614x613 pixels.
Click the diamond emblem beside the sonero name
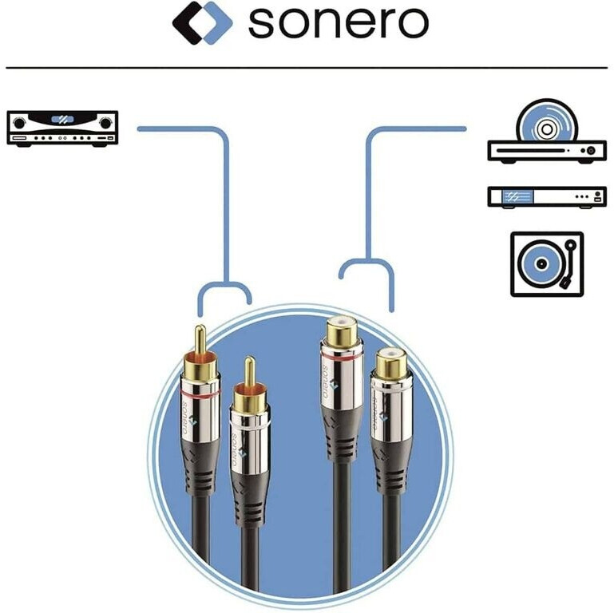pyautogui.click(x=202, y=22)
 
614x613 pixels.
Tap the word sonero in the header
pyautogui.click(x=338, y=23)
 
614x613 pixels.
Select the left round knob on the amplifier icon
pyautogui.click(x=20, y=124)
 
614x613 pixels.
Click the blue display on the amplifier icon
pyautogui.click(x=61, y=120)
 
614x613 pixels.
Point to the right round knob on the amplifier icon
pyautogui.click(x=104, y=124)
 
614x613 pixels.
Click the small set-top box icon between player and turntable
pyautogui.click(x=547, y=196)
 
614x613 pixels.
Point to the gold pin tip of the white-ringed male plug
pyautogui.click(x=249, y=371)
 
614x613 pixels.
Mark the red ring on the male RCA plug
pyautogui.click(x=199, y=395)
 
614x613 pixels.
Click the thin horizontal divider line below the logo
pyautogui.click(x=307, y=68)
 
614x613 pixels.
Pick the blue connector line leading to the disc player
pyautogui.click(x=369, y=200)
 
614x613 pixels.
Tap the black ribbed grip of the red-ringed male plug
pyautogui.click(x=198, y=471)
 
